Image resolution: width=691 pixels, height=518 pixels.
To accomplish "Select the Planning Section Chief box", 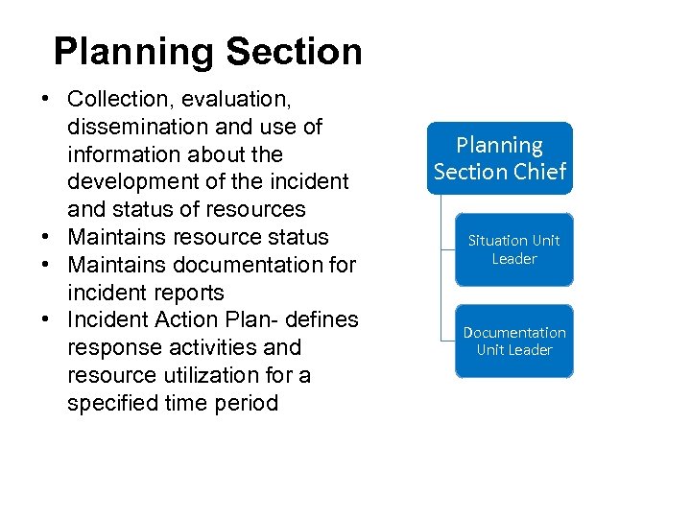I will [500, 158].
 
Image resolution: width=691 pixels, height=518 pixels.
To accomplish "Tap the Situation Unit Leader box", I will [513, 249].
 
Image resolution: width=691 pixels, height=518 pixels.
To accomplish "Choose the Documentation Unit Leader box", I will [514, 341].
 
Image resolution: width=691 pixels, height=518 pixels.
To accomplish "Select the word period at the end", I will [249, 403].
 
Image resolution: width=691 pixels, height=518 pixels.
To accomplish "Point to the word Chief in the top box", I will [539, 172].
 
